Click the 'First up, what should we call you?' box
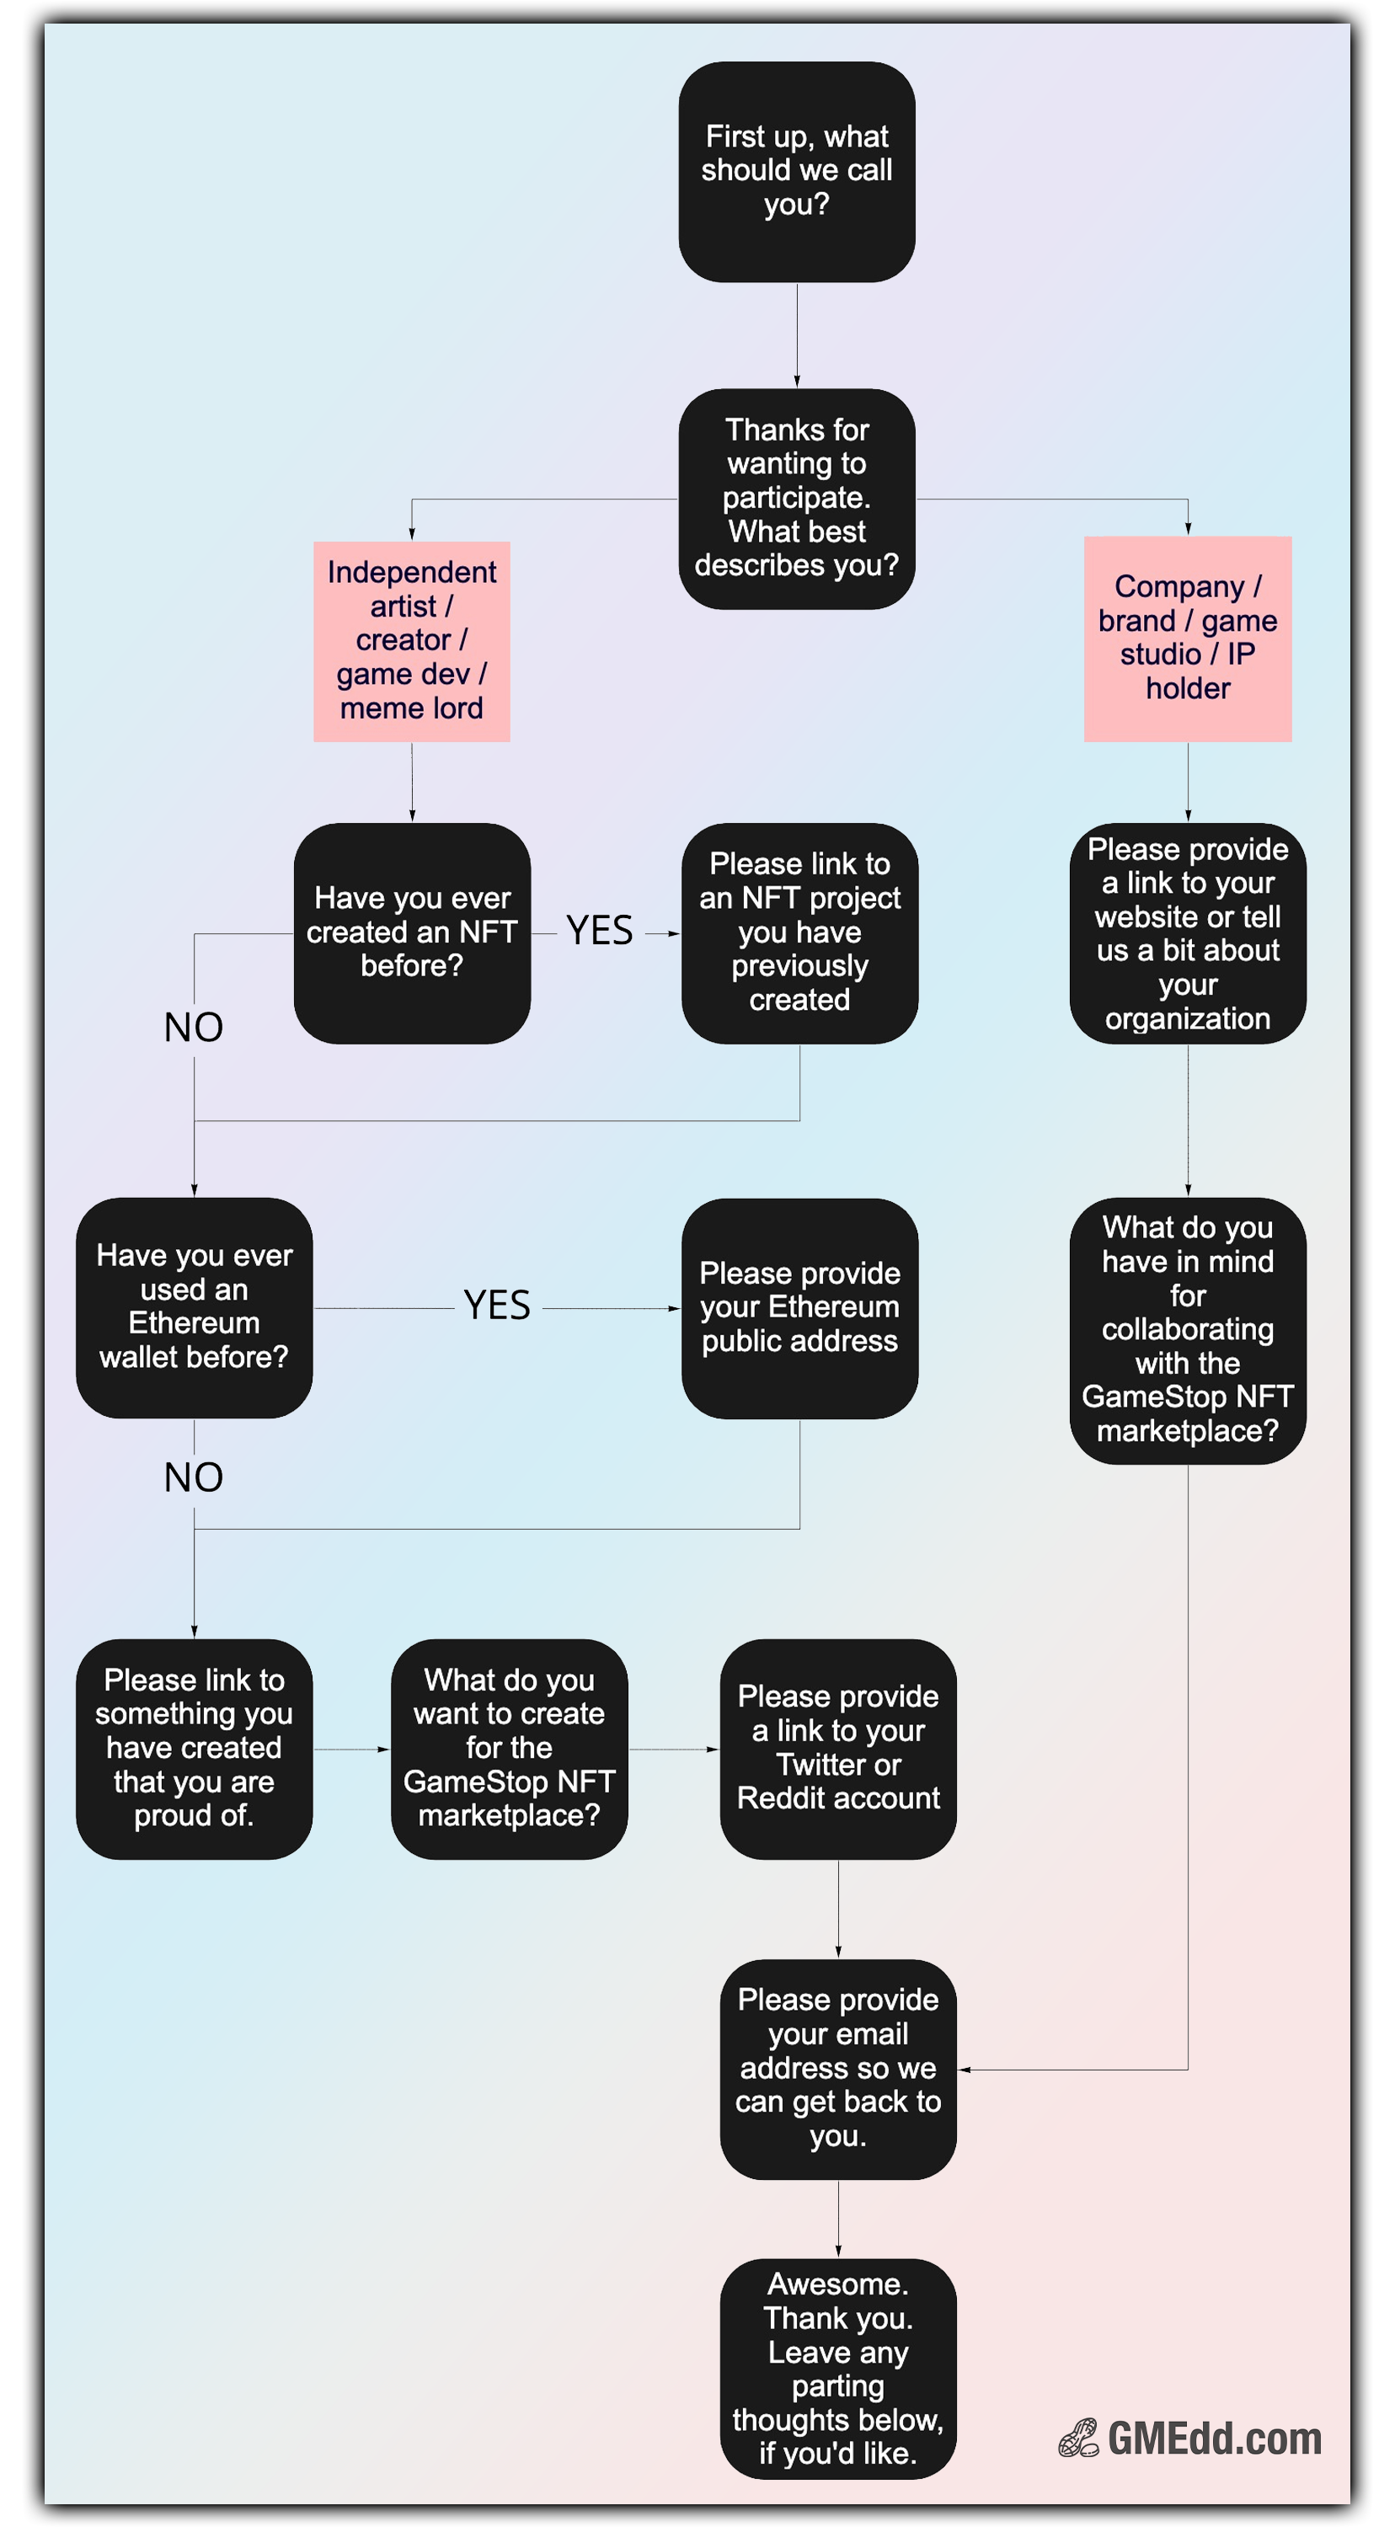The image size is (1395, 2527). click(797, 172)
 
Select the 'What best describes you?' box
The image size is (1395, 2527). click(797, 499)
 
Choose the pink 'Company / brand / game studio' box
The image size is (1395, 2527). click(1187, 638)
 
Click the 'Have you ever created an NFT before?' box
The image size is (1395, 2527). click(412, 933)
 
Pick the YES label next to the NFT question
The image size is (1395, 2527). click(600, 930)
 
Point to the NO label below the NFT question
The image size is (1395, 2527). click(193, 1027)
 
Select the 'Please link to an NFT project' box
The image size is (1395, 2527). click(799, 933)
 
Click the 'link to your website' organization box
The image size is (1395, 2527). click(1187, 933)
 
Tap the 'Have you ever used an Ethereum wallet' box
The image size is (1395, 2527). click(195, 1307)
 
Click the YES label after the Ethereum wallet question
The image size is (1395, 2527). click(496, 1306)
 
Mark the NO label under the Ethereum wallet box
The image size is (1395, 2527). click(193, 1477)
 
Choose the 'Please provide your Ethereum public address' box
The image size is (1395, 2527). click(799, 1307)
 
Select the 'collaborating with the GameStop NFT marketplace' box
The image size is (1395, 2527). click(1187, 1330)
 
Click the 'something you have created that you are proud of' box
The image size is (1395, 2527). click(195, 1749)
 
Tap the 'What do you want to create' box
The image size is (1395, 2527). click(509, 1749)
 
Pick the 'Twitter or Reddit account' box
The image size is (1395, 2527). click(838, 1749)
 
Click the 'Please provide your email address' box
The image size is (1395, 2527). click(838, 2070)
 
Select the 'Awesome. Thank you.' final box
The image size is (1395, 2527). click(838, 2369)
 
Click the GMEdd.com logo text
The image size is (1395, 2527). click(1215, 2439)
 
